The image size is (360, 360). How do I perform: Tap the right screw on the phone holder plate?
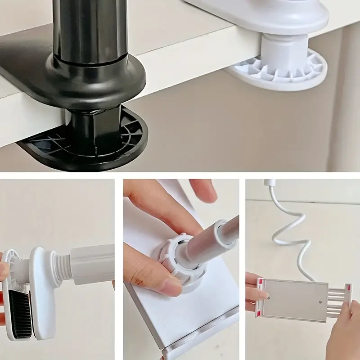pyautogui.click(x=320, y=302)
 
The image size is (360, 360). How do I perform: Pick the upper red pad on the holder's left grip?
pyautogui.click(x=259, y=283)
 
